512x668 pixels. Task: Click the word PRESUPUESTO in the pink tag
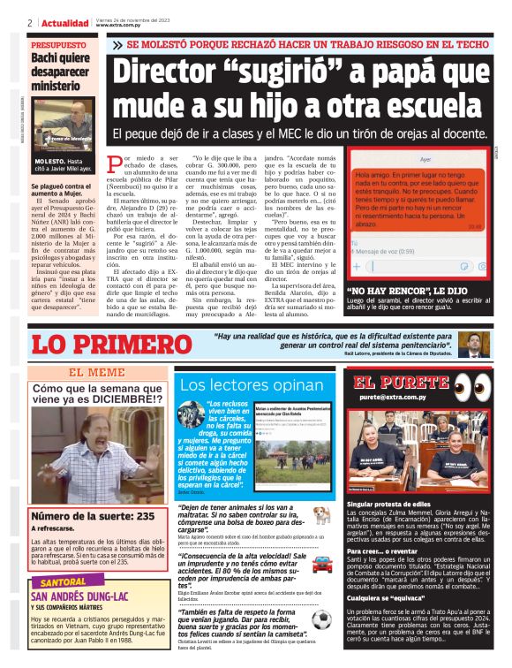pyautogui.click(x=59, y=44)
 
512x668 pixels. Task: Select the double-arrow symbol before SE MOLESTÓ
pyautogui.click(x=117, y=44)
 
